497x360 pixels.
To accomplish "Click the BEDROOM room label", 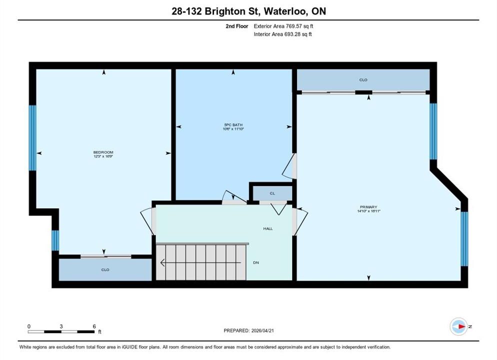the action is pos(103,152).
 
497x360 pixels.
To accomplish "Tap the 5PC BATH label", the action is pos(233,125).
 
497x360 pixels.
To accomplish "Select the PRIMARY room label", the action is pos(368,207).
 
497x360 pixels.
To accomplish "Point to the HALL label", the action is pos(268,228).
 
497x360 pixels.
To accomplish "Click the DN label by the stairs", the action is pos(256,262).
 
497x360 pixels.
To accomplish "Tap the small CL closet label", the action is pos(272,193).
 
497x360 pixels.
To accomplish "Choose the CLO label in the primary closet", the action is pos(363,80).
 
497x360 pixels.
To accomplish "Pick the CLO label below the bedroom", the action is pos(105,269).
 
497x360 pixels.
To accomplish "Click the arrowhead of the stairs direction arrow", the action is pos(162,262).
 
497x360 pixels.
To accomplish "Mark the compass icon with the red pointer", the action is pos(458,326).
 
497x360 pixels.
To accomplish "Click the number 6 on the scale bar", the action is pos(94,326).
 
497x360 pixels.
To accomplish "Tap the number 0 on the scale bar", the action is pos(29,326).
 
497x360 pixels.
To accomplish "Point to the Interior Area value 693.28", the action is pos(293,34).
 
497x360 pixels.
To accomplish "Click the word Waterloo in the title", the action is pos(285,11).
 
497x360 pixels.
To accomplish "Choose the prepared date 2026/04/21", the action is pos(262,330).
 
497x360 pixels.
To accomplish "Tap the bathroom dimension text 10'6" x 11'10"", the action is pos(233,129).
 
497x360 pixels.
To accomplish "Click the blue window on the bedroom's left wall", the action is pos(32,138).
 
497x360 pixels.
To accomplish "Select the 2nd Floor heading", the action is pos(237,26).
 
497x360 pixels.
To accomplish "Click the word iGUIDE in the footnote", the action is pos(129,347).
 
